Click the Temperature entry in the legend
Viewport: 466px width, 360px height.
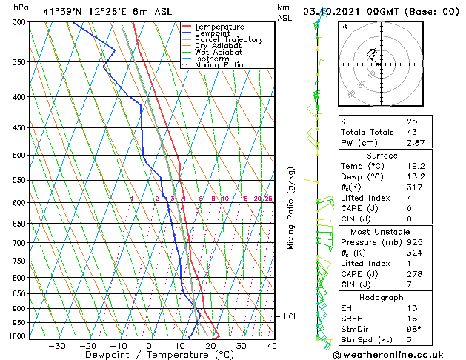[219, 27]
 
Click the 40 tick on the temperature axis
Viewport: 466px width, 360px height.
[272, 345]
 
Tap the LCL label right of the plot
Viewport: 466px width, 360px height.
[291, 317]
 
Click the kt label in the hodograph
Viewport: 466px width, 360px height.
[344, 27]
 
